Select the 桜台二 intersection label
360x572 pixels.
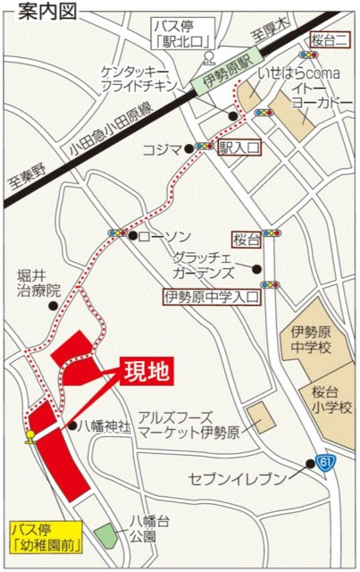[x=331, y=38]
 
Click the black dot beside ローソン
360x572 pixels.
[x=132, y=236]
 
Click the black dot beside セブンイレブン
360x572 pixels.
[x=310, y=464]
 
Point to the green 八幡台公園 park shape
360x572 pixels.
[x=107, y=537]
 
